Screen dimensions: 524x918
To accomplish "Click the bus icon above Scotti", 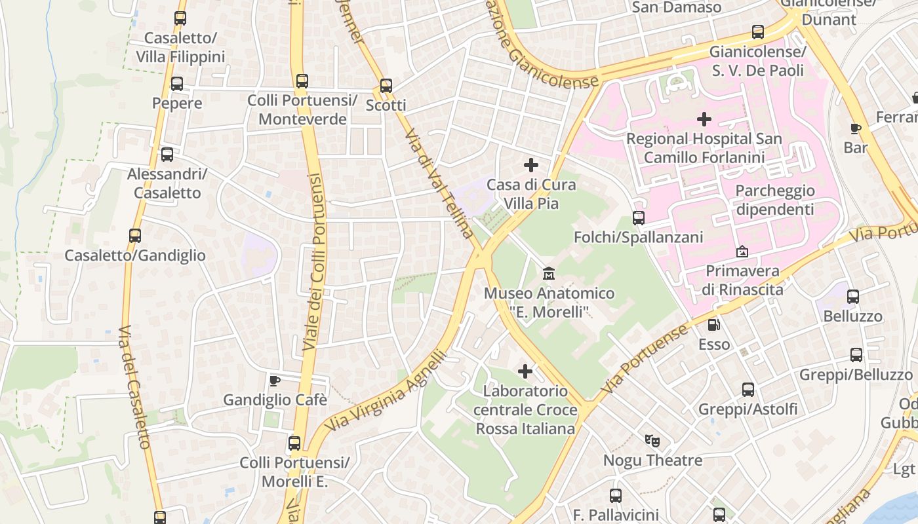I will (x=386, y=86).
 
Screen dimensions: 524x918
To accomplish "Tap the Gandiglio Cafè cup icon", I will (x=275, y=381).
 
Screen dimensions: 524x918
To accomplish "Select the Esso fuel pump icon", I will (x=713, y=324).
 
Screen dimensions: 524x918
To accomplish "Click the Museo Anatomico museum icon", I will (x=549, y=272).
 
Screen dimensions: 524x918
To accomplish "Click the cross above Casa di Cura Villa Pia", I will (x=531, y=165).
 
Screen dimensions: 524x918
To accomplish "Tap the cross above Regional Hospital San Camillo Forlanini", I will (x=704, y=119).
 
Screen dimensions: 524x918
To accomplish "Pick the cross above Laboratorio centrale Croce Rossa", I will (x=525, y=371).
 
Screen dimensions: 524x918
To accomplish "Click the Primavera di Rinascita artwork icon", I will (x=742, y=251).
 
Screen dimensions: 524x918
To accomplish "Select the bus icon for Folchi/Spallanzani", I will (x=639, y=217).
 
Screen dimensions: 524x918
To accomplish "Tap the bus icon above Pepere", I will (x=177, y=84).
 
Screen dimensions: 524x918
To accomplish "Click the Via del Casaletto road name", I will (x=136, y=386).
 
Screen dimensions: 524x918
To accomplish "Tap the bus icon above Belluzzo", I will (x=853, y=297).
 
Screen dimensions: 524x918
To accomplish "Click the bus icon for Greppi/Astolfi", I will (x=748, y=390).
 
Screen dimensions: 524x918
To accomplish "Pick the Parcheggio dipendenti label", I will (x=775, y=200).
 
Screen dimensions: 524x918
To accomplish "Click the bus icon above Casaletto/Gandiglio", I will (x=135, y=236).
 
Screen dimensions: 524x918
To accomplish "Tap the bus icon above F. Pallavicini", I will (x=615, y=495).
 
